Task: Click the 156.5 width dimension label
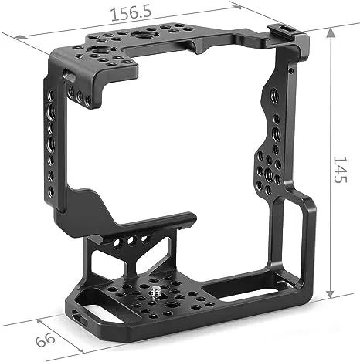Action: coord(131,13)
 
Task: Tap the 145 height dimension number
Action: coord(341,169)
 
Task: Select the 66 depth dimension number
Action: coord(46,340)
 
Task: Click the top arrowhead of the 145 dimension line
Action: coord(331,32)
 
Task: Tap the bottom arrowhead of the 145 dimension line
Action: coord(330,294)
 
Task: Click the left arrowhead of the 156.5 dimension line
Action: coord(22,36)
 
